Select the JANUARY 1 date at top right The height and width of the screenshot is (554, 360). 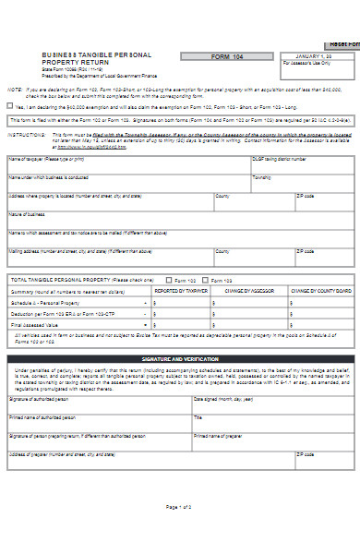311,56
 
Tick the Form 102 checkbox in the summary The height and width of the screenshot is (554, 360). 168,280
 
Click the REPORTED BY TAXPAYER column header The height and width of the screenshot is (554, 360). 182,290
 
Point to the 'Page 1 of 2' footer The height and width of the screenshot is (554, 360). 179,507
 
